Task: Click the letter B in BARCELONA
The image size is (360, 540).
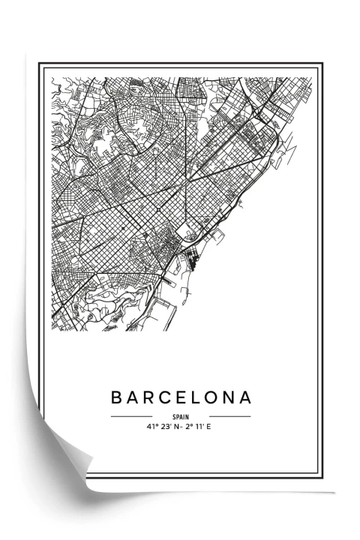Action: pos(117,397)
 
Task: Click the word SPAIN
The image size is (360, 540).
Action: pos(181,417)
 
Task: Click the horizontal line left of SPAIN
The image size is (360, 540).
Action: pos(131,416)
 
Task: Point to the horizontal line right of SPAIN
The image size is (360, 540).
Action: pos(229,416)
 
